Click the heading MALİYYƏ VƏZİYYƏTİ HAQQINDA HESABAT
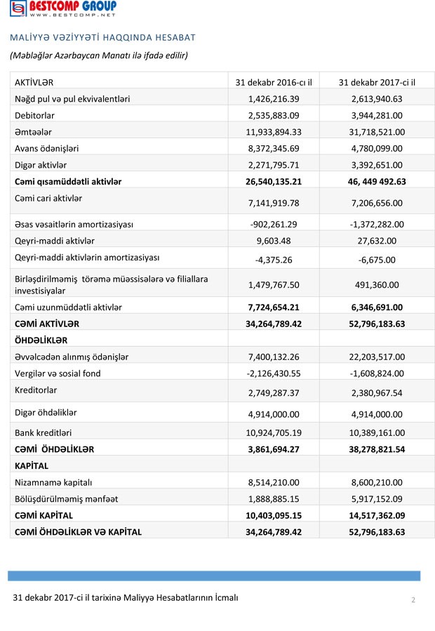tap(102, 37)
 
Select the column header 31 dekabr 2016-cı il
tap(274, 82)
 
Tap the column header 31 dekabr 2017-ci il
tap(377, 82)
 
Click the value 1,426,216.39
tap(274, 99)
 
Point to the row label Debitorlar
tap(34, 115)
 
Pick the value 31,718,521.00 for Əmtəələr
tap(377, 132)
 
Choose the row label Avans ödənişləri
tap(47, 148)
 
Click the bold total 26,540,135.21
tap(274, 182)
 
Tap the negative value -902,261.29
tap(274, 225)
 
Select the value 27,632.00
tap(377, 241)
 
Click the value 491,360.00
tap(377, 285)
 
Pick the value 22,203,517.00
tap(377, 357)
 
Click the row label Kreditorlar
tap(36, 390)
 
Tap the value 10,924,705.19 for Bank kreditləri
tap(274, 432)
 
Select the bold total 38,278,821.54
tap(377, 449)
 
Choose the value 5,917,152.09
tap(377, 499)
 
